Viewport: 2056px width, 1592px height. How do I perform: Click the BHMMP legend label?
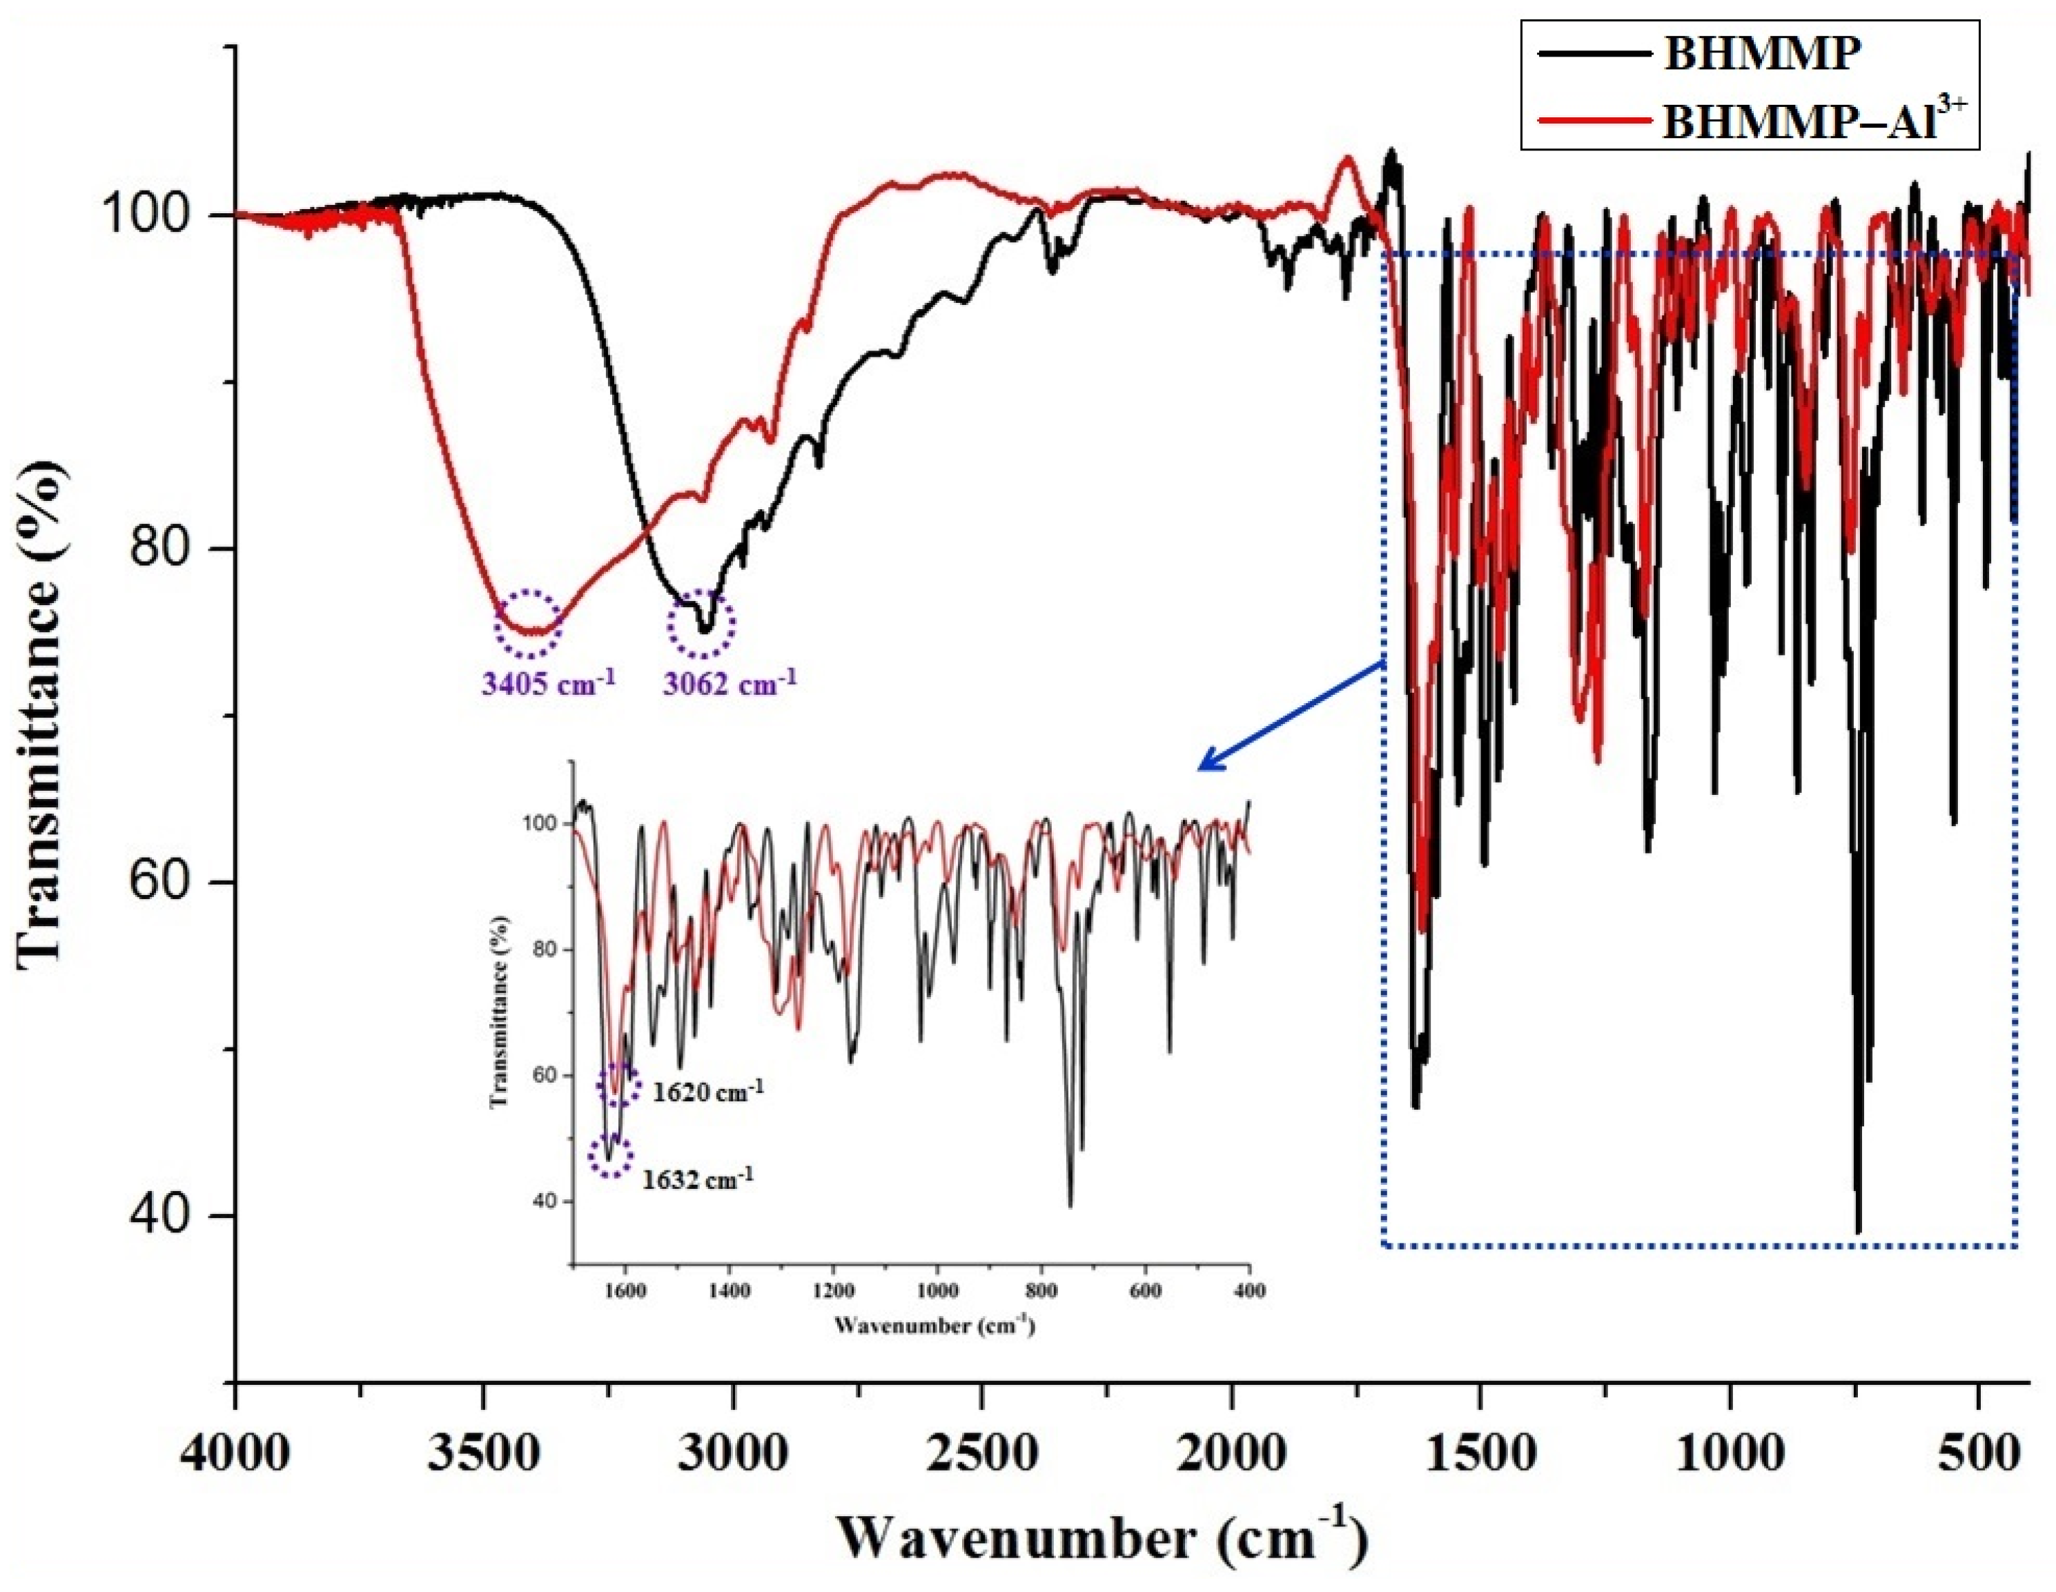point(1761,54)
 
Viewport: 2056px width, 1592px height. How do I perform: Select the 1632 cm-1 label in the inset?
point(698,1178)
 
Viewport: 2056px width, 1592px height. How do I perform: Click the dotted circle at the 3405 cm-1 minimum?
point(528,623)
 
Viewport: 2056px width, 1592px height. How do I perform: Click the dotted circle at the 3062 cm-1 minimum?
point(701,623)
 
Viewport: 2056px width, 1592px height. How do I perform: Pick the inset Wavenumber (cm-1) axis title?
point(934,1326)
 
